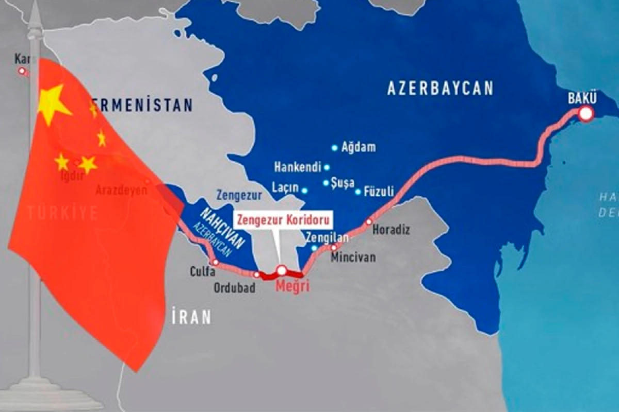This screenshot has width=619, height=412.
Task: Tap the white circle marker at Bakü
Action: pos(586,114)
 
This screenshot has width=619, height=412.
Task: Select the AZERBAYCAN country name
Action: pos(440,88)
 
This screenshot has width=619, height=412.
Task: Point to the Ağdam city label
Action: pos(359,148)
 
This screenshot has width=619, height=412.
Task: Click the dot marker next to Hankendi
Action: pos(327,167)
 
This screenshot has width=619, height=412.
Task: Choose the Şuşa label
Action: pos(343,183)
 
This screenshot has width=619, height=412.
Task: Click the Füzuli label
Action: pos(379,192)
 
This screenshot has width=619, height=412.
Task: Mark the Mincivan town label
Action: pos(353,256)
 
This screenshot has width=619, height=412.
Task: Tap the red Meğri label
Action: pos(292,287)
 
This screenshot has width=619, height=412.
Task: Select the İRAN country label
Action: pos(191,317)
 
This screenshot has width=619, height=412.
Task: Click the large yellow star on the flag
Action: pos(52,104)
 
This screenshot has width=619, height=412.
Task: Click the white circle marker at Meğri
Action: pos(281,270)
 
